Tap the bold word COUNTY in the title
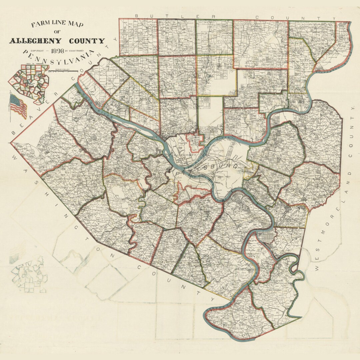(x=87, y=41)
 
